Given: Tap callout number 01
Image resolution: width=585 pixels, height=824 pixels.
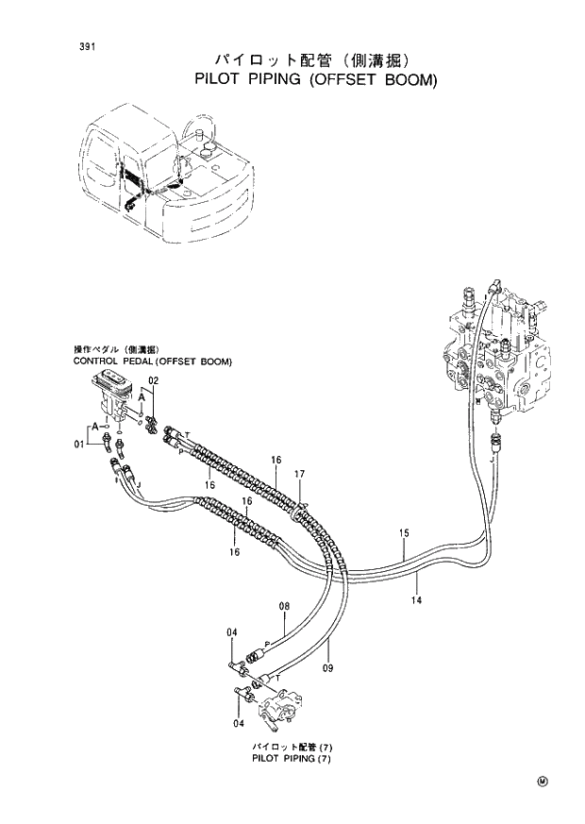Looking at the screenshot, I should tap(79, 444).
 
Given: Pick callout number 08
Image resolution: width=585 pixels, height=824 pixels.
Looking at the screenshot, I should tap(283, 606).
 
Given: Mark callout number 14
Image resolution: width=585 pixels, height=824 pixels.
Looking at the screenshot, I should tap(416, 598).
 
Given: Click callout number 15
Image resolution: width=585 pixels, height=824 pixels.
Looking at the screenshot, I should tap(403, 534).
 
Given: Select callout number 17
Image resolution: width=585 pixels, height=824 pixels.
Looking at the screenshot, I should tap(299, 473).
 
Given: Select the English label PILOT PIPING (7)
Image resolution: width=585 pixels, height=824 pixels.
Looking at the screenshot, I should tap(292, 758).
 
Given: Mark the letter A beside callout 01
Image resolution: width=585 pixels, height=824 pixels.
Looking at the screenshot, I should tap(96, 427).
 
